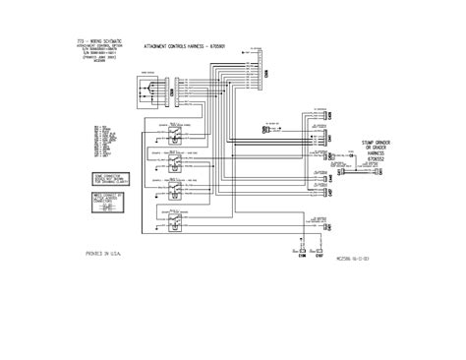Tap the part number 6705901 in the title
[236, 46]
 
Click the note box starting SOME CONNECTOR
[111, 176]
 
